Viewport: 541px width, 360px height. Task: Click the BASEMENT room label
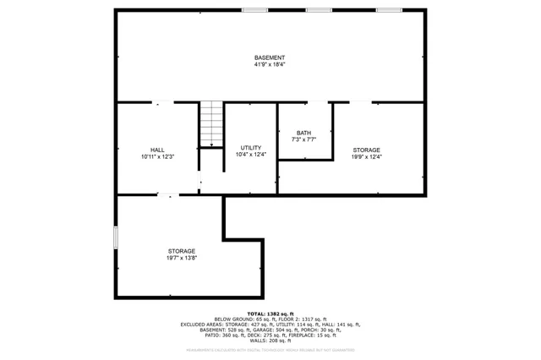click(270, 57)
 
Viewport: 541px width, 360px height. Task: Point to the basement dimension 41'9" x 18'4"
click(270, 64)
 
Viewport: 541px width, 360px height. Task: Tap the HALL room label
click(157, 150)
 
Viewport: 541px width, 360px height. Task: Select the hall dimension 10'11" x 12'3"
click(157, 156)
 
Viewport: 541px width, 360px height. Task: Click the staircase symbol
click(211, 124)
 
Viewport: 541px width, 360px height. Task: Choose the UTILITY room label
click(250, 148)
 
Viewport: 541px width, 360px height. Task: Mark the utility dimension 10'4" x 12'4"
click(250, 155)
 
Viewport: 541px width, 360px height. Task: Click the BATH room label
click(303, 133)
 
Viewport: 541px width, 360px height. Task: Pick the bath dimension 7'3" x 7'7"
click(303, 139)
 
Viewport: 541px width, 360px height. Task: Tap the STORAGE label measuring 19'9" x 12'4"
click(367, 150)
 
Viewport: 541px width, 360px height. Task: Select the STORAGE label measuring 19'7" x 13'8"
click(181, 251)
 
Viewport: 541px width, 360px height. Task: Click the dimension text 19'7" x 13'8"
click(181, 258)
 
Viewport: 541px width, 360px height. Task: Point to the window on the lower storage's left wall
click(116, 237)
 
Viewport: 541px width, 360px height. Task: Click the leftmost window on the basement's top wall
click(254, 10)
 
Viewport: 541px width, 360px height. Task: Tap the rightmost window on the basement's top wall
click(389, 10)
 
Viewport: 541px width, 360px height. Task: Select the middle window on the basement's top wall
click(319, 10)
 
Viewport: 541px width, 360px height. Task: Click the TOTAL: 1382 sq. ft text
click(270, 313)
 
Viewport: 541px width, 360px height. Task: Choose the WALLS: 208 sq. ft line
click(270, 341)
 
